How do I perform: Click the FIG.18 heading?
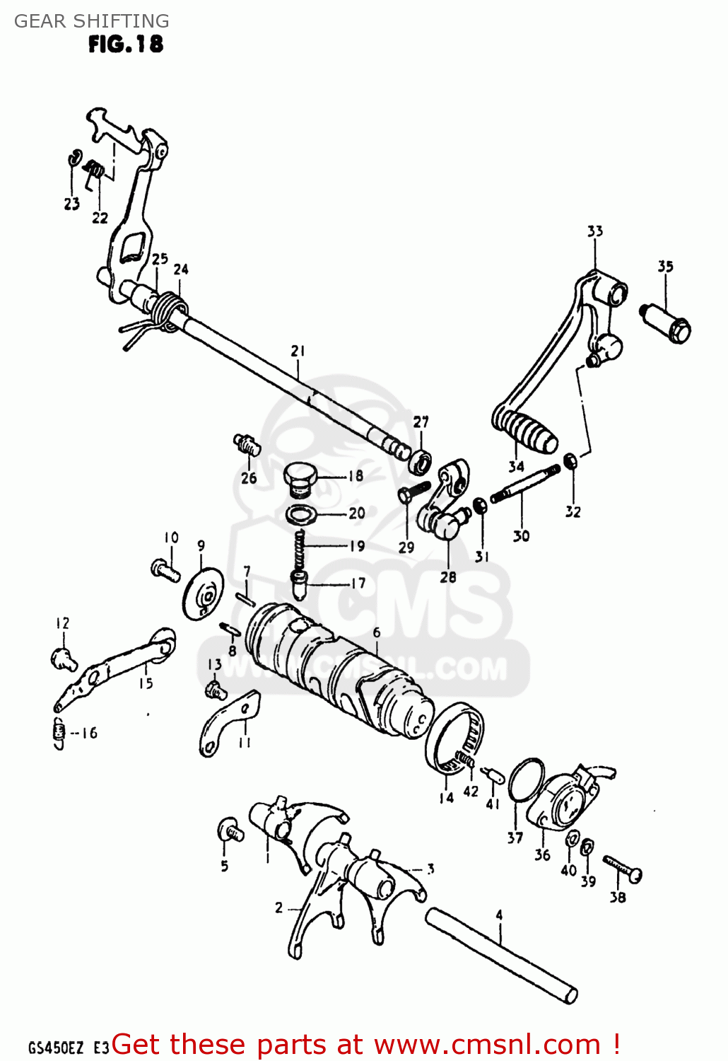point(125,44)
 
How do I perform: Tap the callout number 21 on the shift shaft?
point(298,351)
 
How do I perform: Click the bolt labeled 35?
point(666,321)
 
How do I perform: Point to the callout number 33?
point(594,231)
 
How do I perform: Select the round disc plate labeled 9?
point(203,593)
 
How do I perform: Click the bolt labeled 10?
point(165,569)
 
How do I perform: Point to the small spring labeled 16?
point(59,732)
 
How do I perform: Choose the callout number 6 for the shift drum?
point(377,632)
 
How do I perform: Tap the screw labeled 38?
point(622,868)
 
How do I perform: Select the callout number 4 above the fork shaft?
point(499,915)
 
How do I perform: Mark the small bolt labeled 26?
point(247,445)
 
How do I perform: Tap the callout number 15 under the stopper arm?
point(146,683)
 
